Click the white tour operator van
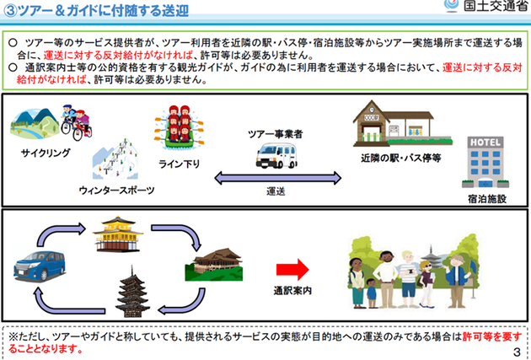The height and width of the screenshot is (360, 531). pos(276,155)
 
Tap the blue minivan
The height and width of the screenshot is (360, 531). pos(40,266)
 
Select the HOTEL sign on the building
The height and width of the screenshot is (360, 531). pos(485,142)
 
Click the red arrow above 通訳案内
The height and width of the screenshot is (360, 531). pos(292,270)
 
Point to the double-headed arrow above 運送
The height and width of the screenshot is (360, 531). pos(277,178)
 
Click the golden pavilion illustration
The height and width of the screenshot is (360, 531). pos(118,234)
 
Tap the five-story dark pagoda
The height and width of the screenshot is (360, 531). pos(132,293)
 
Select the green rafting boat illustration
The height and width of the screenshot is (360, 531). pos(180,127)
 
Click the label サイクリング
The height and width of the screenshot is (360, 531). pos(46,153)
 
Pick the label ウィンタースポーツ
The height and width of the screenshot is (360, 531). pos(116,191)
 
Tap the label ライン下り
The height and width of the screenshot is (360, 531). pos(180,164)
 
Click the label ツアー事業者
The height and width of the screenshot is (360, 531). pos(276,134)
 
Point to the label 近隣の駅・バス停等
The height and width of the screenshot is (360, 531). pos(401,158)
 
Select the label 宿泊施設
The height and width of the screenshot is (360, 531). pos(487,199)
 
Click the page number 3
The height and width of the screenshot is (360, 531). pos(517,352)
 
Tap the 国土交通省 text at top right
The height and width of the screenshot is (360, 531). pos(495,6)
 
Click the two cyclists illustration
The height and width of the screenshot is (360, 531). pos(77,122)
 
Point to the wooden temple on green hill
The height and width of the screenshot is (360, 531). pos(214,265)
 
